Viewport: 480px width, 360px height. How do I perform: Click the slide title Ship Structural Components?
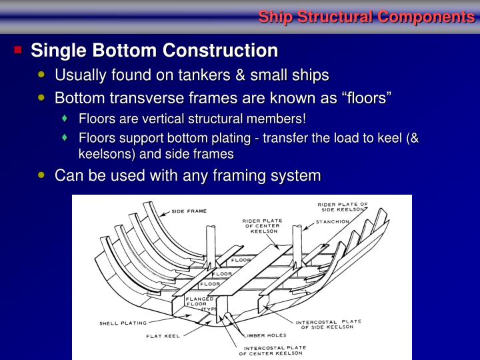click(366, 17)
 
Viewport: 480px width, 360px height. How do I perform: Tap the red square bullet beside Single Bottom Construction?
click(18, 50)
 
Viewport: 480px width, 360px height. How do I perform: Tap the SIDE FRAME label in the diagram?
click(189, 211)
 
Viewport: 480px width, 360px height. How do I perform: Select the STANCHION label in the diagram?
click(333, 221)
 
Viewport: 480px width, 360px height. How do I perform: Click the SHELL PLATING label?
click(123, 323)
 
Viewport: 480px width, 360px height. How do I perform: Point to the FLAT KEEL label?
click(163, 336)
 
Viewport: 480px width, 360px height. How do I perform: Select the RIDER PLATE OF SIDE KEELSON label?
click(343, 207)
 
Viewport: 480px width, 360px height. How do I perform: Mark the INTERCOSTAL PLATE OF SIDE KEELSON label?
click(329, 324)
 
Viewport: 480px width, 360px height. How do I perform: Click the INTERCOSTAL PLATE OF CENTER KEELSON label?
click(275, 350)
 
